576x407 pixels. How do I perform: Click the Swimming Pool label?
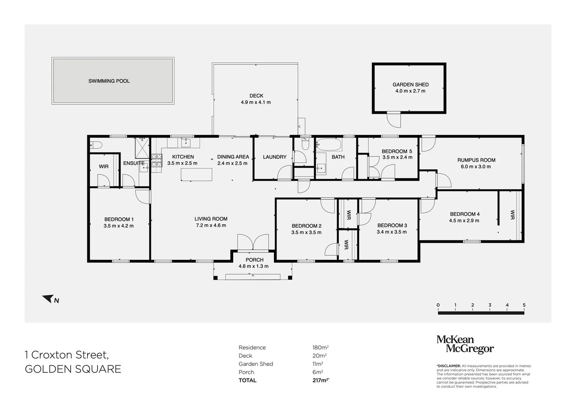tap(109, 81)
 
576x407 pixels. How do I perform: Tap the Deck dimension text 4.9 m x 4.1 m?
tap(256, 102)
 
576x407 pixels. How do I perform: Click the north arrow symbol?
tap(48, 299)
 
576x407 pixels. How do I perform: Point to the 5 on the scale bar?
tap(524, 305)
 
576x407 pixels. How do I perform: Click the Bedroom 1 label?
tap(119, 219)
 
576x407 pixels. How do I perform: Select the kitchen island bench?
tap(197, 174)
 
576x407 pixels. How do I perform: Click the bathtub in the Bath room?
tap(329, 144)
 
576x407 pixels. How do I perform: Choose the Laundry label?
tap(275, 157)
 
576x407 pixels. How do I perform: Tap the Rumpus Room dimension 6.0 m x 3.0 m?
tap(476, 167)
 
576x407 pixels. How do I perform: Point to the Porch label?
tap(255, 260)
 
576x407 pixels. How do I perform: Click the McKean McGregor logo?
tap(465, 344)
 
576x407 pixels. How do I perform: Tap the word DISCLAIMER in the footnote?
tap(449, 366)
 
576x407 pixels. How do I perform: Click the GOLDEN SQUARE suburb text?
tap(73, 369)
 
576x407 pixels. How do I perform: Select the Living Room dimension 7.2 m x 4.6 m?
tap(211, 225)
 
